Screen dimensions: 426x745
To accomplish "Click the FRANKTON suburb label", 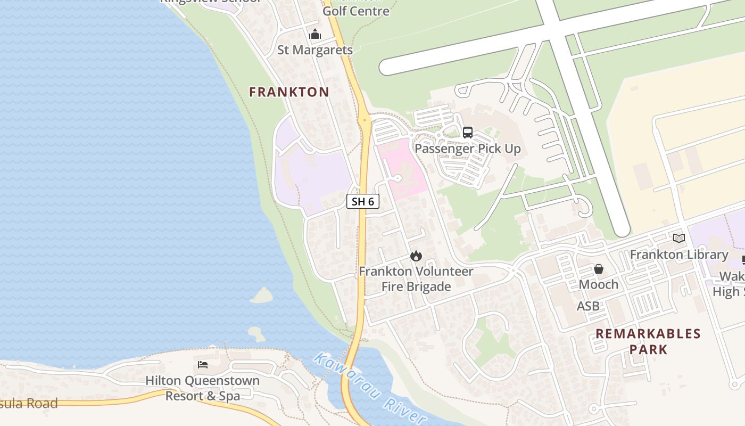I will [289, 92].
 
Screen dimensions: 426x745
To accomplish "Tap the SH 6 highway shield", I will [363, 201].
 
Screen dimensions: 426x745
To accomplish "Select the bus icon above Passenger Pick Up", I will [468, 133].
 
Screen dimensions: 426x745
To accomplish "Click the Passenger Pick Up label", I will [467, 149].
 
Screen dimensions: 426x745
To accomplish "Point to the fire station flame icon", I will [416, 256].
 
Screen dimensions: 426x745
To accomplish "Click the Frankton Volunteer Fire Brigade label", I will [416, 279].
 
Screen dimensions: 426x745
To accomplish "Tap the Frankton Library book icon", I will [679, 239].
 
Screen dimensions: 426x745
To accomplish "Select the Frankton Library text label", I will [679, 255].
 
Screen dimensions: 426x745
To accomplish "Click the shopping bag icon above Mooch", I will [599, 269].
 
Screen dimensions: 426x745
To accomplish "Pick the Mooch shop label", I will [599, 284].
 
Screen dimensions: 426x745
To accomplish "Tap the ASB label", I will [588, 306].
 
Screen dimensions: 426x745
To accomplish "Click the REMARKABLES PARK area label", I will [648, 341].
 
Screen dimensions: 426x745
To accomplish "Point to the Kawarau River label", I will [369, 388].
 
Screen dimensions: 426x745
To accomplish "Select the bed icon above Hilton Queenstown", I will [203, 365].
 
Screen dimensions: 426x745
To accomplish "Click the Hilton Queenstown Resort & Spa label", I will [203, 388].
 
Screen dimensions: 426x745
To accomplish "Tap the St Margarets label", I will [315, 50].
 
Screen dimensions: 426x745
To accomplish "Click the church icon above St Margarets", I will [315, 35].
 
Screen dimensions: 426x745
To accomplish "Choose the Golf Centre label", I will [356, 11].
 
